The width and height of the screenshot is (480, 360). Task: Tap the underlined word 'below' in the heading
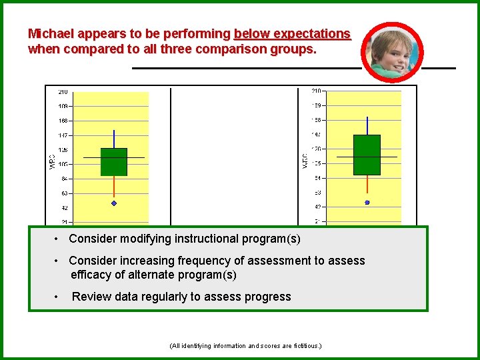pyautogui.click(x=249, y=33)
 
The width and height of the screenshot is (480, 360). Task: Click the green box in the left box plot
pyautogui.click(x=114, y=162)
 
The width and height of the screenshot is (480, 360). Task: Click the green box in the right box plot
pyautogui.click(x=367, y=155)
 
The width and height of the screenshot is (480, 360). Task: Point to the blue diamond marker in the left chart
pyautogui.click(x=114, y=203)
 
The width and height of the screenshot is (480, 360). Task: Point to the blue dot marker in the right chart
pyautogui.click(x=367, y=202)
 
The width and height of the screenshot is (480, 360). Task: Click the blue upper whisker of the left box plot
pyautogui.click(x=114, y=139)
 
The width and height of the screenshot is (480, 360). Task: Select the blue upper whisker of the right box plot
pyautogui.click(x=367, y=125)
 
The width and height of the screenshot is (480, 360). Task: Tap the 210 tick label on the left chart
pyautogui.click(x=62, y=92)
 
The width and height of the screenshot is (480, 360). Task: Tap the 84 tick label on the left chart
pyautogui.click(x=63, y=179)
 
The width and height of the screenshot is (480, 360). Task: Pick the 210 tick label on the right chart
pyautogui.click(x=317, y=91)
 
